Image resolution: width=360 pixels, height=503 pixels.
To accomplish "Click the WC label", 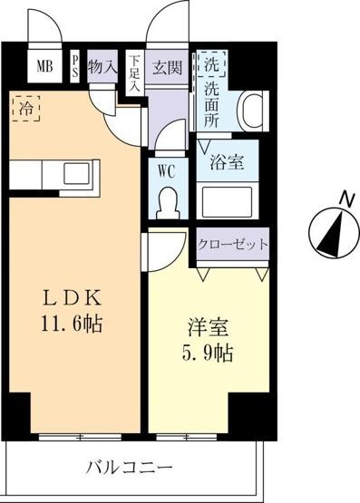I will point(166,169).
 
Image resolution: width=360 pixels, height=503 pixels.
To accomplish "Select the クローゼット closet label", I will point(233,246).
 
